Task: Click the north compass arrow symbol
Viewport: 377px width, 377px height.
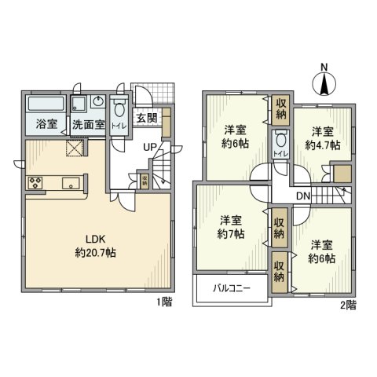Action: click(x=324, y=82)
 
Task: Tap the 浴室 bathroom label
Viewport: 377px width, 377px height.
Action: click(x=45, y=124)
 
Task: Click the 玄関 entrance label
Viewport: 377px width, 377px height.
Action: click(x=146, y=119)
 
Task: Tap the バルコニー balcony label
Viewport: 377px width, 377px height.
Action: click(x=232, y=288)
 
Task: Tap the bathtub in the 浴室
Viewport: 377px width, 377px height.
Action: click(x=46, y=105)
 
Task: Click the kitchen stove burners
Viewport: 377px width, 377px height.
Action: click(x=36, y=184)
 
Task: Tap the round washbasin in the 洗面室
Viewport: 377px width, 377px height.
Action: click(x=97, y=103)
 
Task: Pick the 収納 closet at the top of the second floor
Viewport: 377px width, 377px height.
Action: click(x=280, y=108)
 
